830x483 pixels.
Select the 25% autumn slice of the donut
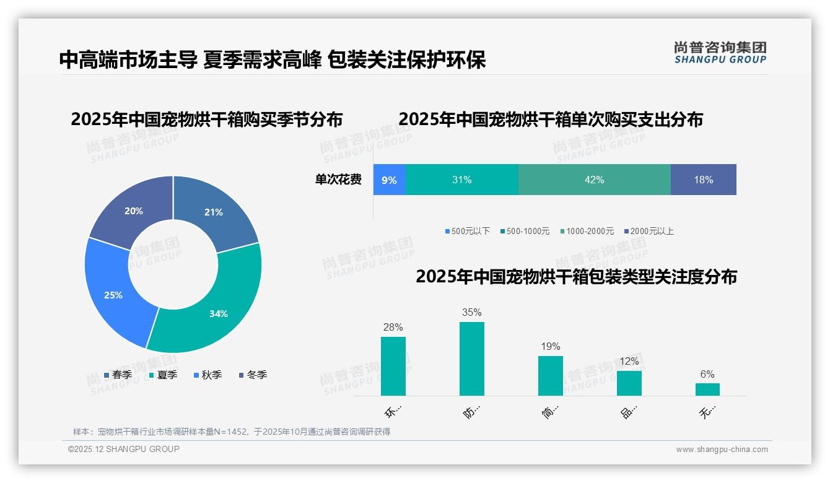pyautogui.click(x=115, y=294)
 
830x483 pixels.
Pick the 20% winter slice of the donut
pyautogui.click(x=133, y=211)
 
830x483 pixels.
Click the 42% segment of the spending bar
pyautogui.click(x=594, y=180)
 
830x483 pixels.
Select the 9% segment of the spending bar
pyautogui.click(x=389, y=180)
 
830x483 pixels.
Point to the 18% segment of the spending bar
pyautogui.click(x=703, y=180)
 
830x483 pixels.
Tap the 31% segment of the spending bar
pyautogui.click(x=461, y=180)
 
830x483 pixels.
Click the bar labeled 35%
pyautogui.click(x=471, y=359)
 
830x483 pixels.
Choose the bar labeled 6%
pyautogui.click(x=707, y=389)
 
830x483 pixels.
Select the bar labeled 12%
pyautogui.click(x=629, y=383)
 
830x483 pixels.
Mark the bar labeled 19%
pyautogui.click(x=550, y=376)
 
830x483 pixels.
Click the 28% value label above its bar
pyautogui.click(x=393, y=327)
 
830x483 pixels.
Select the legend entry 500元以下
pyautogui.click(x=467, y=231)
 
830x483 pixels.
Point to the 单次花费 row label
pyautogui.click(x=338, y=180)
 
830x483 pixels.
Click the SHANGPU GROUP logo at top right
pyautogui.click(x=720, y=52)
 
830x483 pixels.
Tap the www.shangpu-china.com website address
pyautogui.click(x=722, y=449)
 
